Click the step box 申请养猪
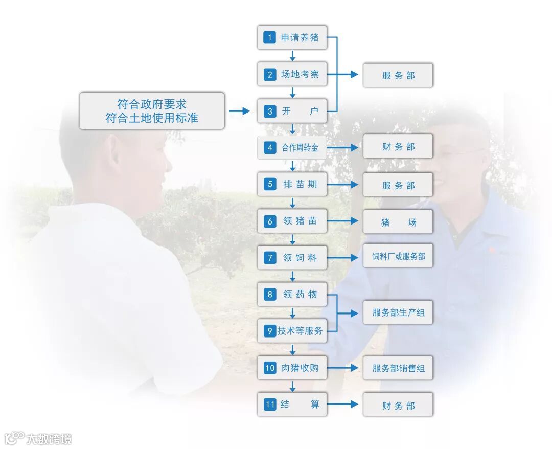coord(292,37)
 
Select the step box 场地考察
coord(292,74)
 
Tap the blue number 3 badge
coord(270,111)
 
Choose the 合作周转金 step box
coord(292,148)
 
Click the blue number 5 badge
coord(270,185)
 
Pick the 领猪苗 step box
coord(292,221)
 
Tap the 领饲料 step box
coord(292,258)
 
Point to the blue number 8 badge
coord(270,294)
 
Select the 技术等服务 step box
coord(292,331)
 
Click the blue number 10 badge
coord(270,368)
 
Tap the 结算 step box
coord(292,405)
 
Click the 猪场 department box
coord(398,222)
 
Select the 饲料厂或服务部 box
coord(398,256)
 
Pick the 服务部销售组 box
coord(398,368)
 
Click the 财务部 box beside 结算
coord(398,406)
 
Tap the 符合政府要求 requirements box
coord(152,111)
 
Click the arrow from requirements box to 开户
coord(239,111)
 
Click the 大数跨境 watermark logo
coord(38,438)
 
